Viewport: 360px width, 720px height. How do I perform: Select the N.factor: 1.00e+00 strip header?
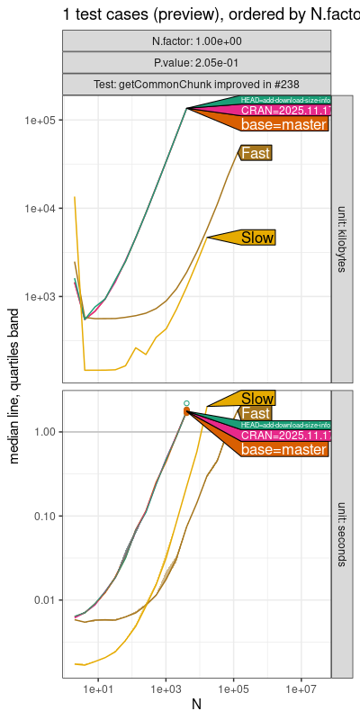[x=197, y=40]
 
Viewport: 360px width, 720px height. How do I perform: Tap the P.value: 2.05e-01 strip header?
[x=197, y=62]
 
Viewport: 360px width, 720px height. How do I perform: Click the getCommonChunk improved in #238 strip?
[x=197, y=84]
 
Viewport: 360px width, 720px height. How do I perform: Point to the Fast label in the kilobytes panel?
[x=256, y=153]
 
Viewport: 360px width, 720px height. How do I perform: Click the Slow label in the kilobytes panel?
[x=257, y=238]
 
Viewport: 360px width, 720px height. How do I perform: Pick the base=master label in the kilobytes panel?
[x=283, y=125]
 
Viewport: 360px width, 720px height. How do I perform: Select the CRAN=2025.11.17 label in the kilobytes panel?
[x=283, y=111]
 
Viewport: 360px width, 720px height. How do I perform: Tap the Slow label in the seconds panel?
[x=257, y=399]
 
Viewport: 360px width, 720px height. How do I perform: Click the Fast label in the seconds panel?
[x=256, y=413]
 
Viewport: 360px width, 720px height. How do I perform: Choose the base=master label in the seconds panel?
[x=283, y=449]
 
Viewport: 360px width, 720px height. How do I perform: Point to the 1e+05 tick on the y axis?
[x=42, y=121]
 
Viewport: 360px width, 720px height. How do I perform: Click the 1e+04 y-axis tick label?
[x=42, y=208]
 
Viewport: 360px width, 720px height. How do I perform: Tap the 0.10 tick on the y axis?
[x=46, y=517]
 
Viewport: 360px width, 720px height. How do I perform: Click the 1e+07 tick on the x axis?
[x=300, y=688]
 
